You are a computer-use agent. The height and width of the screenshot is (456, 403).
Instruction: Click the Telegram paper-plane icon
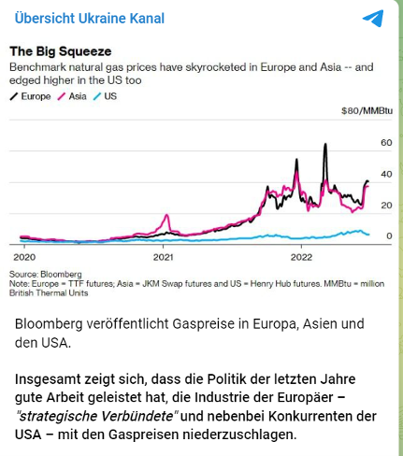point(373,18)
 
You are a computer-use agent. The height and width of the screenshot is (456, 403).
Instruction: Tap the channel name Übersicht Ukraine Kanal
point(90,18)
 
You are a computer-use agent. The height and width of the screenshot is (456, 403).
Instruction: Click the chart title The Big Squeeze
point(61,51)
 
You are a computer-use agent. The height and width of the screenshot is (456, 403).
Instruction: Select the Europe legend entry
point(30,96)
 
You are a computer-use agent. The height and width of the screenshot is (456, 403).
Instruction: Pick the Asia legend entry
point(72,96)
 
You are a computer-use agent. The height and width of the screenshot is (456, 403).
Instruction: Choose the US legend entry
point(105,96)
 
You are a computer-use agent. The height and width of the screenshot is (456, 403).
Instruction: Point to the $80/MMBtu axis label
point(367,111)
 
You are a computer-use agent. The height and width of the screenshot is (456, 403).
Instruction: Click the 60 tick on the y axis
point(386,143)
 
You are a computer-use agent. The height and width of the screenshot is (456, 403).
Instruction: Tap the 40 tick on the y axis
point(386,174)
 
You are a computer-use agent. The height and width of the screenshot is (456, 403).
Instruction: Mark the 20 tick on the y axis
point(386,206)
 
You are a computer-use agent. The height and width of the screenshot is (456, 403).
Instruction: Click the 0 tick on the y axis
point(389,236)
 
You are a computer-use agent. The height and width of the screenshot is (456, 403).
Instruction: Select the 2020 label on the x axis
point(24,257)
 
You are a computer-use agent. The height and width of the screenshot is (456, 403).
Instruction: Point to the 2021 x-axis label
point(163,257)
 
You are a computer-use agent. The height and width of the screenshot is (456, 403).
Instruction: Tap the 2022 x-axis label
point(301,257)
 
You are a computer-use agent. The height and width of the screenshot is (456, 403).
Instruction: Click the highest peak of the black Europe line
point(325,144)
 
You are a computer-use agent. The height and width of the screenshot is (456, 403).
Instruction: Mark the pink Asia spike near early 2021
point(167,215)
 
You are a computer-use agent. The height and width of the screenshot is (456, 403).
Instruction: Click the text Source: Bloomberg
point(46,275)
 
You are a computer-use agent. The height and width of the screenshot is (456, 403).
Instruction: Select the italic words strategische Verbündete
point(96,416)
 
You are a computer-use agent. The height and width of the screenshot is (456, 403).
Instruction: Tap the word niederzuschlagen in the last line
point(239,435)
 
